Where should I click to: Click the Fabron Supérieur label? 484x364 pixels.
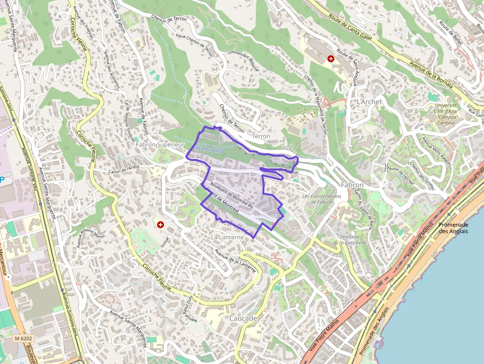click(x=160, y=145)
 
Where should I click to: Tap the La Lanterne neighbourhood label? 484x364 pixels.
click(x=227, y=238)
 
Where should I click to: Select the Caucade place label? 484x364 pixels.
click(x=243, y=319)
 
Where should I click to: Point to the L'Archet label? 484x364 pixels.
click(x=369, y=102)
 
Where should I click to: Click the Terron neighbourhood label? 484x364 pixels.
click(x=261, y=136)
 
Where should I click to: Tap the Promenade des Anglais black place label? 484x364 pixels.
click(x=453, y=228)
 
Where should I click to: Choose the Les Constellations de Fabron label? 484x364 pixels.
click(x=321, y=199)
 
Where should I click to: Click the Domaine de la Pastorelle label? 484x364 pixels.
click(x=349, y=240)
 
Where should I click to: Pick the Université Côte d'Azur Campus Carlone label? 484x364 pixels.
click(x=447, y=114)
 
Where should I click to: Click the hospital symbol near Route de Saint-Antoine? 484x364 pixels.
click(x=330, y=59)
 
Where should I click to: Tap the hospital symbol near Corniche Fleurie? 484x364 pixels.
click(x=160, y=225)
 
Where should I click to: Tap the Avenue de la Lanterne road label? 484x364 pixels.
click(x=236, y=260)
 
